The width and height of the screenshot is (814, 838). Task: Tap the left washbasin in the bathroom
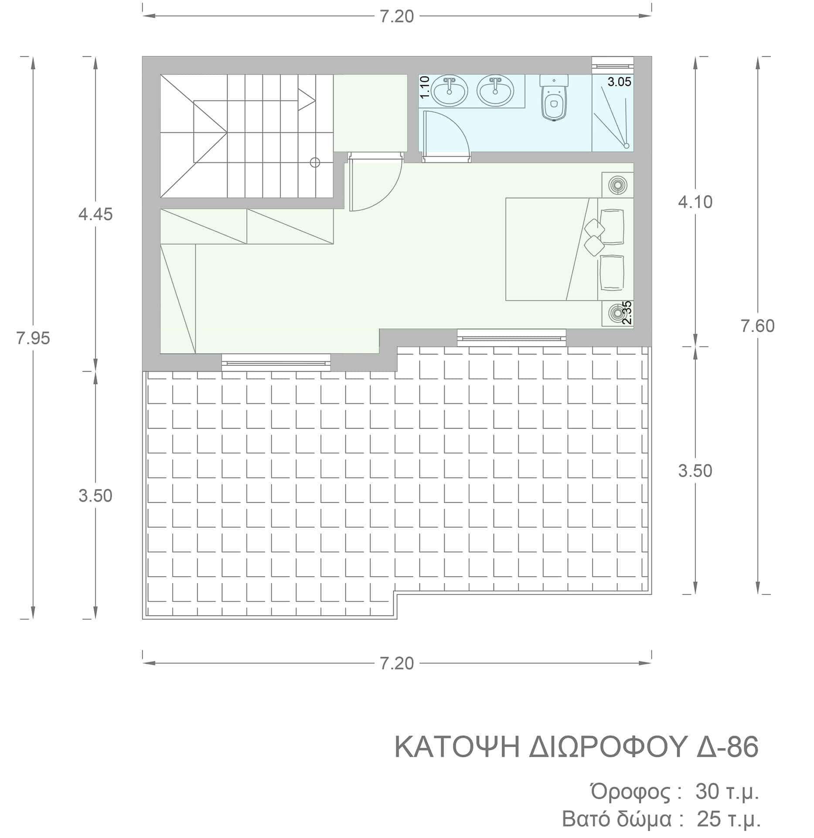(x=450, y=90)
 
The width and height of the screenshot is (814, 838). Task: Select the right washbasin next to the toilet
(x=495, y=90)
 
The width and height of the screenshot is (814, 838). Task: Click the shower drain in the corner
(x=627, y=146)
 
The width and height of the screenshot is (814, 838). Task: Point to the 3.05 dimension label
(x=619, y=82)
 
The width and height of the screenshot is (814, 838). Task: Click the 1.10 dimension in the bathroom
(x=426, y=86)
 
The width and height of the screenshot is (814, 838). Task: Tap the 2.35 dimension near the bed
(x=627, y=313)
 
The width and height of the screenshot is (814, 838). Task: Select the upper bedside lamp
(x=617, y=185)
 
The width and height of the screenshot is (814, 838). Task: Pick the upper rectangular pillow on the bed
(x=612, y=226)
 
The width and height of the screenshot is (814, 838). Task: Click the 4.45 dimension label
(x=95, y=214)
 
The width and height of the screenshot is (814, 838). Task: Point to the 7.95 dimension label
(x=33, y=338)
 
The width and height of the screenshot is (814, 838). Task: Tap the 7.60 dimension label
(x=758, y=326)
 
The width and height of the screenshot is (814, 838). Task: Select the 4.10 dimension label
(x=695, y=202)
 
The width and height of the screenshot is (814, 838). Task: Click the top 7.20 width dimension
(x=397, y=17)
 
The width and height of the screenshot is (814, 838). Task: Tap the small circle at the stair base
(x=315, y=163)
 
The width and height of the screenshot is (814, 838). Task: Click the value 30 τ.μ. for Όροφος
(x=727, y=792)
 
